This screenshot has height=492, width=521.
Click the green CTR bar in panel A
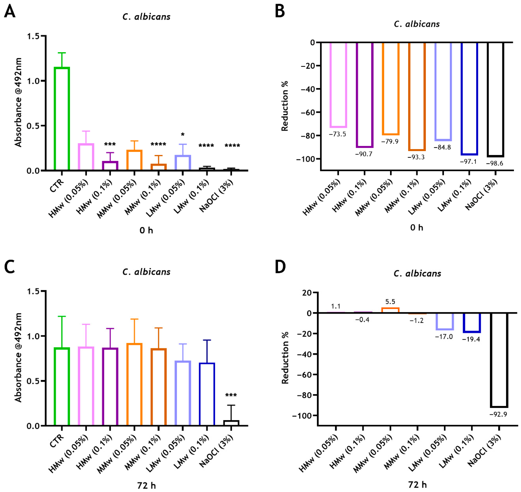tap(62, 119)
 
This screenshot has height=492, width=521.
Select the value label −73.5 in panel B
tap(337, 134)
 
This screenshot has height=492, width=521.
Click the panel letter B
tap(280, 12)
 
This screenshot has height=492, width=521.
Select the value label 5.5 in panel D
tap(390, 302)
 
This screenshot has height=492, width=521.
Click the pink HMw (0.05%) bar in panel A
tap(86, 157)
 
